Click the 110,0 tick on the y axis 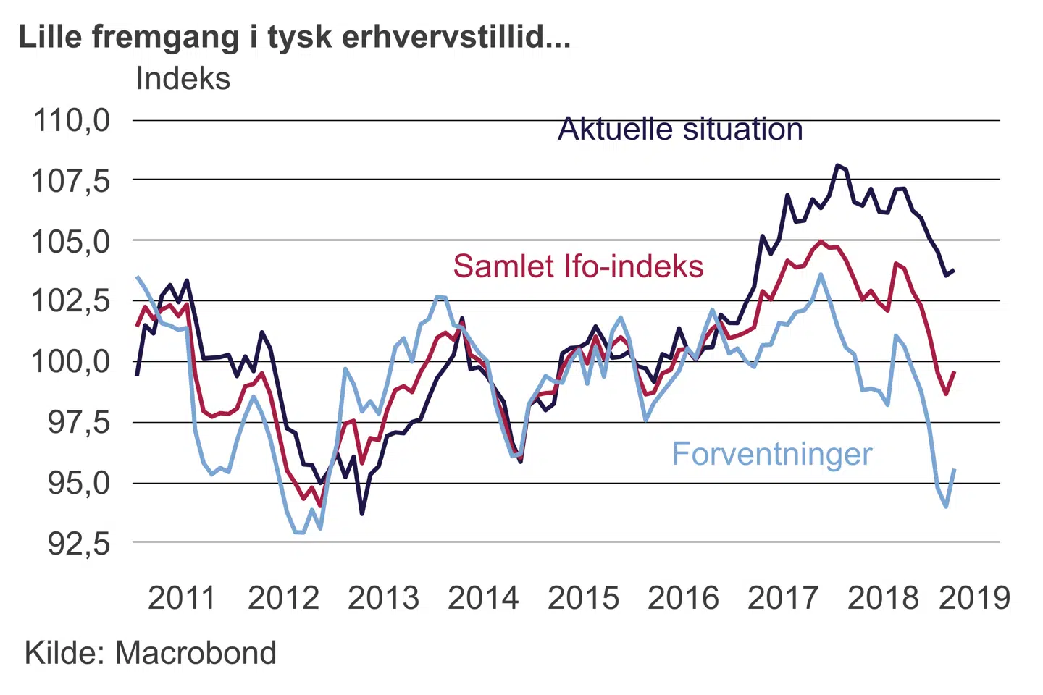click(72, 120)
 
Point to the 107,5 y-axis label click(70, 180)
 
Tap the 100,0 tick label click(70, 361)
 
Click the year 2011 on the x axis click(182, 598)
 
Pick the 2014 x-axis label click(483, 598)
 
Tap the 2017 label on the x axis click(783, 598)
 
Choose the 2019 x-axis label click(973, 598)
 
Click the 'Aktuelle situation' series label click(680, 130)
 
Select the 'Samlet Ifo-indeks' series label click(578, 266)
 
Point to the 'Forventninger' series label click(772, 454)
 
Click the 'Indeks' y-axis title click(183, 78)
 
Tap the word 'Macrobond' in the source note click(196, 653)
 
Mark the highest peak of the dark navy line click(837, 165)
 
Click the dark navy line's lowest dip click(362, 513)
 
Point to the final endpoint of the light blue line click(955, 470)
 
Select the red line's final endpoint click(955, 372)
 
